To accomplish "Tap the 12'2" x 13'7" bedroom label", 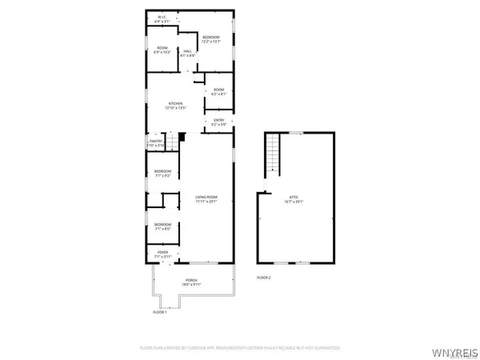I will pos(211,39).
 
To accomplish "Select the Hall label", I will pos(188,54).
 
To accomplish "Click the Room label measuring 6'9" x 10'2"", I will pos(163,50).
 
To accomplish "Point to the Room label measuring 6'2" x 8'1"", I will pos(218,91).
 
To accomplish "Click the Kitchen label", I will pos(176,106).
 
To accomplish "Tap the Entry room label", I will pos(218,122).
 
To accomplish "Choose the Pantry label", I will pos(155,143).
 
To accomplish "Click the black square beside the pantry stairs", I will pos(182,137).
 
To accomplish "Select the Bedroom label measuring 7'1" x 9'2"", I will pos(162,174).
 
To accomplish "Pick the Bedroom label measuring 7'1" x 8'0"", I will pos(162,226).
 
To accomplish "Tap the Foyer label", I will pos(162,255).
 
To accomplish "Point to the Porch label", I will pos(190,282).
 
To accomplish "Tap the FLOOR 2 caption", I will pos(264,277).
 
